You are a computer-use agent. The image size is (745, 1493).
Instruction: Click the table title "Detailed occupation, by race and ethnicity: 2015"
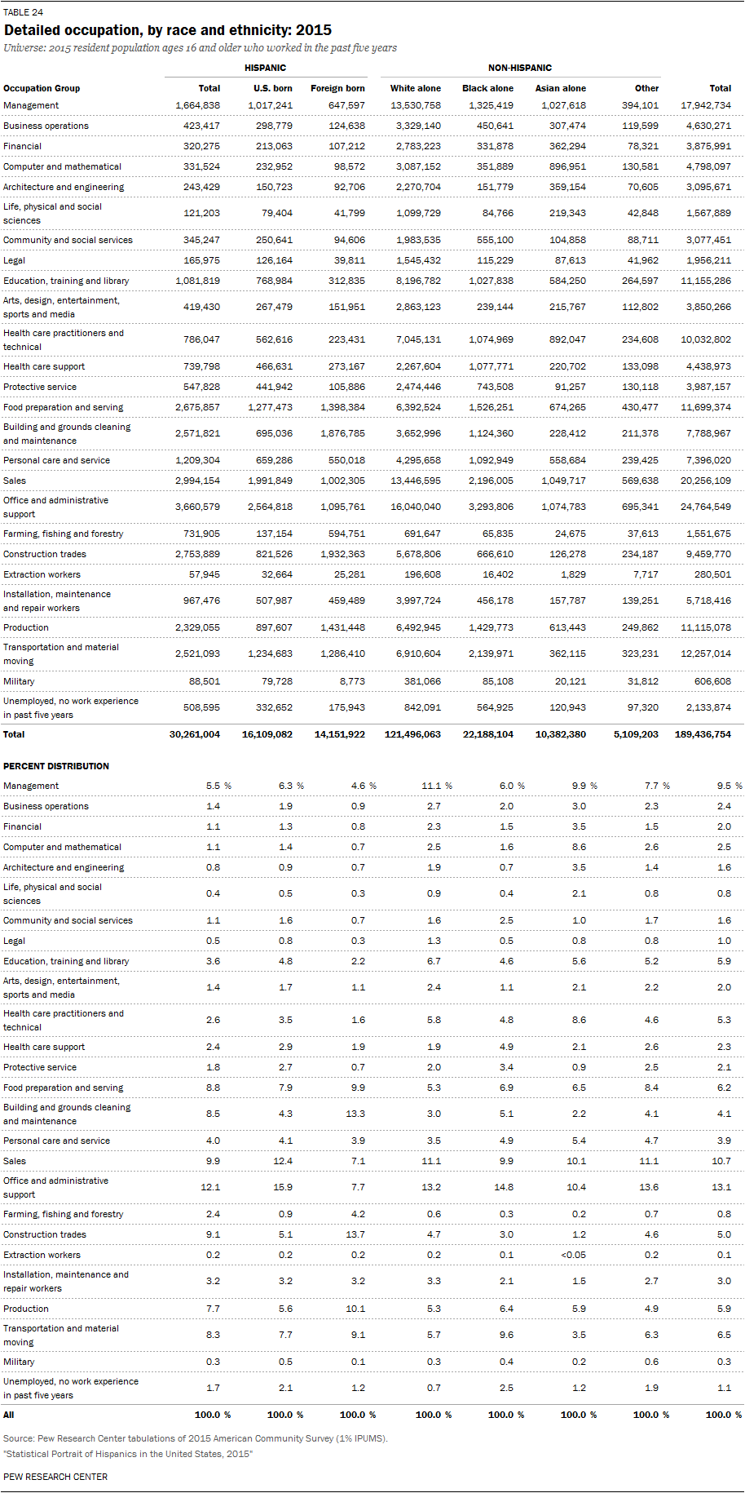pos(167,30)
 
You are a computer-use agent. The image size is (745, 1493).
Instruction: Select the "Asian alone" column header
pos(560,88)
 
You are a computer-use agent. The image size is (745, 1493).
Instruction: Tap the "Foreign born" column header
pos(337,88)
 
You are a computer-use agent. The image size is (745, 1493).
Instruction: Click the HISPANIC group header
pos(265,68)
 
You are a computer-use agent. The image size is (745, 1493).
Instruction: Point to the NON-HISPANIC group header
pos(519,68)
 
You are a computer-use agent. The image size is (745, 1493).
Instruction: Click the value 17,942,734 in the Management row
pos(705,105)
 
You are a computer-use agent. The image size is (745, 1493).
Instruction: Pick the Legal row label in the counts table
pos(15,260)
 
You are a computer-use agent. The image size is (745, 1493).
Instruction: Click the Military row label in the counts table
pos(19,681)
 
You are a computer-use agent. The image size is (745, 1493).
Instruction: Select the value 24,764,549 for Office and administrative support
pos(705,507)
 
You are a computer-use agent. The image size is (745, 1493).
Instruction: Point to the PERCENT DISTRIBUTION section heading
pos(56,766)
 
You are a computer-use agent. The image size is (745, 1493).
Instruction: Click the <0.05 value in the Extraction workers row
pos(573,1255)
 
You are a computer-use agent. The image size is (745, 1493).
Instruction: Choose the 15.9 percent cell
pos(282,1187)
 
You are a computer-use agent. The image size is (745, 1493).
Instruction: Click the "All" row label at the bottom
pos(9,1415)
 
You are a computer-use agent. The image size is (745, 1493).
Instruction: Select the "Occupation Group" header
pos(42,88)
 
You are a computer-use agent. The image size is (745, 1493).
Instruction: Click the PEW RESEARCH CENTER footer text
pos(55,1477)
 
